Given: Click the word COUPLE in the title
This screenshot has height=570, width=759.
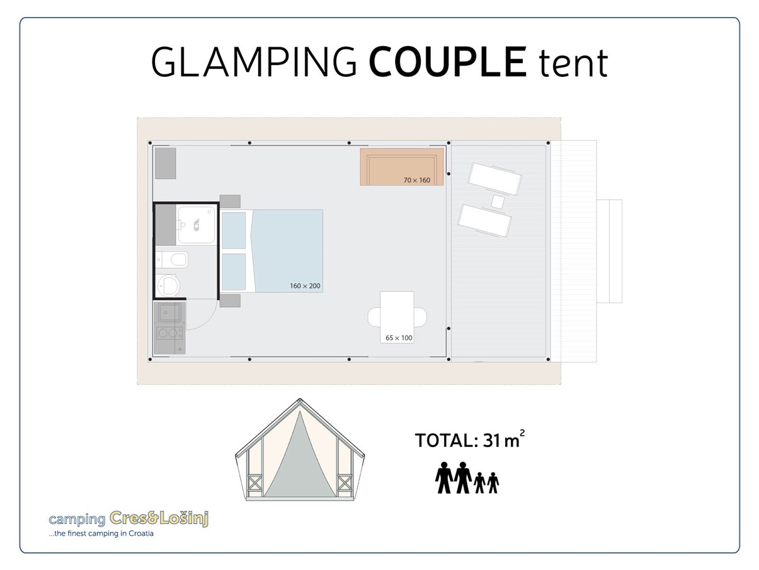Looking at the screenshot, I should tap(447, 62).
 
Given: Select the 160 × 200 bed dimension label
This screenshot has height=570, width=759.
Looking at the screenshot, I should tap(305, 286).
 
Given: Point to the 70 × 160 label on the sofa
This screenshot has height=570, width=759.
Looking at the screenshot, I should tap(416, 180).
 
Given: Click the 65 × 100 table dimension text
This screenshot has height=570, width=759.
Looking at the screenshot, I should tap(399, 338).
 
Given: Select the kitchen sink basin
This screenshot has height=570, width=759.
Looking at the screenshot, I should tap(169, 311).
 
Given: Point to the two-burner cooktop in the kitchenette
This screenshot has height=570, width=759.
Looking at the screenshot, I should tap(169, 333).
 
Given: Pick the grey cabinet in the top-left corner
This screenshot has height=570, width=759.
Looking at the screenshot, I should tap(166, 163).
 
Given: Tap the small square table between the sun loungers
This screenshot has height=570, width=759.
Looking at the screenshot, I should tap(498, 202).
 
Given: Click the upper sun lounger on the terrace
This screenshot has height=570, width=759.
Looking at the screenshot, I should tap(495, 179).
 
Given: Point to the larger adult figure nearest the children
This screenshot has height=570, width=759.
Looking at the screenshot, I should tap(463, 477).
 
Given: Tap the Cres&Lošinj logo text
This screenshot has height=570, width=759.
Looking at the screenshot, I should tap(159, 519).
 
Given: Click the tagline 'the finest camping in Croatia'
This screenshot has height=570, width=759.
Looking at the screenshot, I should tap(102, 533).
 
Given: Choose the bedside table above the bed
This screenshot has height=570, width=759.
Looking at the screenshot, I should tap(230, 201).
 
